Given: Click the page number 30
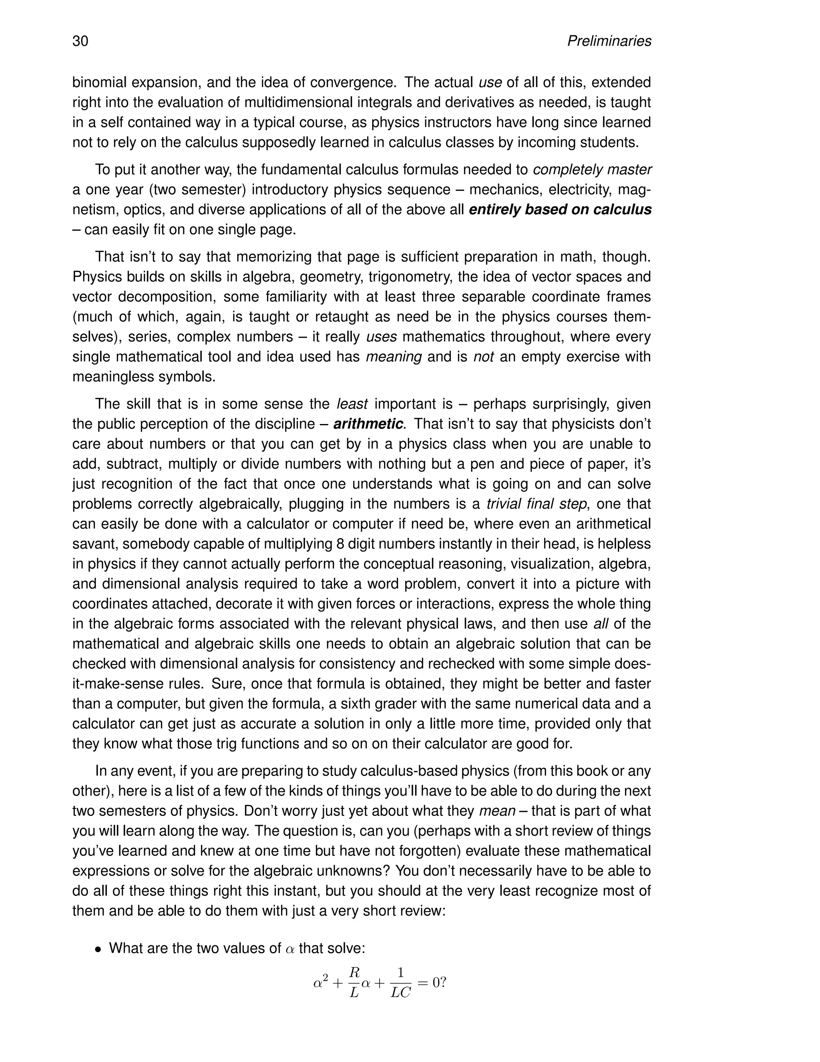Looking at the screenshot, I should pyautogui.click(x=80, y=41).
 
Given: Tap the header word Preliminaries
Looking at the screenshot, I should pyautogui.click(x=609, y=41).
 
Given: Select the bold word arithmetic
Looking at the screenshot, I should pyautogui.click(x=368, y=424).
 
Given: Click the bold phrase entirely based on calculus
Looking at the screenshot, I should pyautogui.click(x=560, y=210).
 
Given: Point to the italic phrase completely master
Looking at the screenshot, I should pyautogui.click(x=592, y=170).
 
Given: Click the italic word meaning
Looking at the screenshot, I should pyautogui.click(x=394, y=357).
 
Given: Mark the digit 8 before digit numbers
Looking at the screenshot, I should pyautogui.click(x=340, y=544).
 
